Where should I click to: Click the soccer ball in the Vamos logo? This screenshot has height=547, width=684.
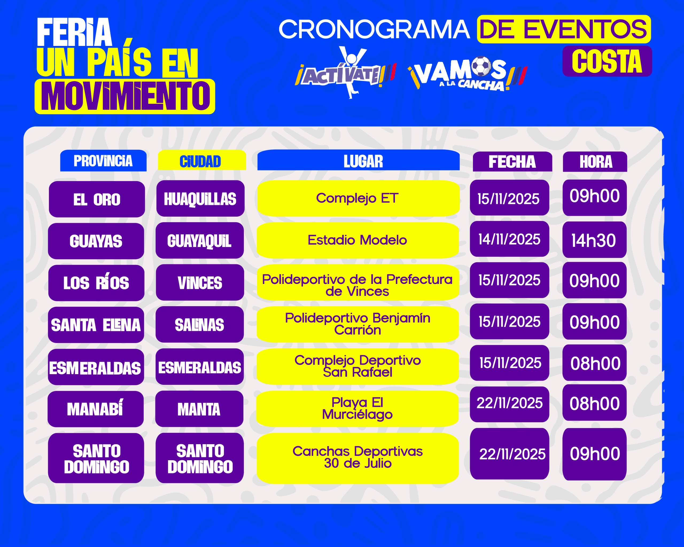(481, 66)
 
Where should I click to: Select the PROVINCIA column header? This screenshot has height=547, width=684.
(103, 161)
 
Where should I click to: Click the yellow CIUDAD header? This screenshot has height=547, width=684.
(202, 161)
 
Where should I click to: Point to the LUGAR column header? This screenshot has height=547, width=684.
(359, 160)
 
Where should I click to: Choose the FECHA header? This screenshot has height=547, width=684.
(512, 162)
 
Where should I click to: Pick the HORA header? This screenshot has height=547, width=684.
(595, 162)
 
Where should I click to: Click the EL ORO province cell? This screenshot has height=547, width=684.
(97, 199)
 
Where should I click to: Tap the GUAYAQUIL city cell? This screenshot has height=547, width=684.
(200, 240)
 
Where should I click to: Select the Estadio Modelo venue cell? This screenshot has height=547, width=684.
(358, 240)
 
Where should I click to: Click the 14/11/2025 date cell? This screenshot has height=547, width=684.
(510, 239)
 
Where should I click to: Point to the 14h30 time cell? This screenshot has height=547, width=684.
(594, 240)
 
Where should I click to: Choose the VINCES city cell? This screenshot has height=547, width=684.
(200, 283)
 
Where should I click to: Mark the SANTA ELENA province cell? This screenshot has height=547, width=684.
(96, 325)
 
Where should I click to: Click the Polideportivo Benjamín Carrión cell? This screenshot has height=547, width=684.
(358, 324)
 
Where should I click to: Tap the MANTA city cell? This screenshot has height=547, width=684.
(199, 409)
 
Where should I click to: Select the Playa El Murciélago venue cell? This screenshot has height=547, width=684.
(357, 409)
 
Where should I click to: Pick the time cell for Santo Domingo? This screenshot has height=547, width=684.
(594, 454)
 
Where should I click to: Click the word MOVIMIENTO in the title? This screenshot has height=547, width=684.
(125, 96)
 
